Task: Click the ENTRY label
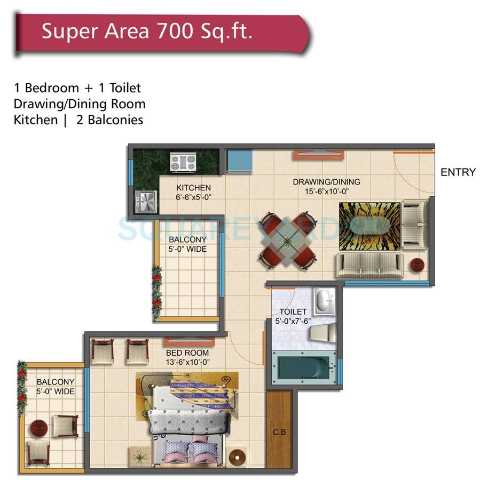tap(458, 172)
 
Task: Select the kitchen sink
tap(146, 202)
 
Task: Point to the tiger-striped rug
tap(369, 226)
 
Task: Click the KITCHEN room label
tap(193, 188)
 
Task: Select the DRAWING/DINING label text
tap(326, 182)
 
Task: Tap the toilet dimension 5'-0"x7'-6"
tap(293, 321)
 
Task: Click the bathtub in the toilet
tap(304, 368)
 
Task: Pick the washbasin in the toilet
tap(324, 302)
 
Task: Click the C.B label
tap(279, 433)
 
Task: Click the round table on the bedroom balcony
tap(39, 428)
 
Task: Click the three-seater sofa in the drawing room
tap(368, 264)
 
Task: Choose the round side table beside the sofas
tap(417, 265)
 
